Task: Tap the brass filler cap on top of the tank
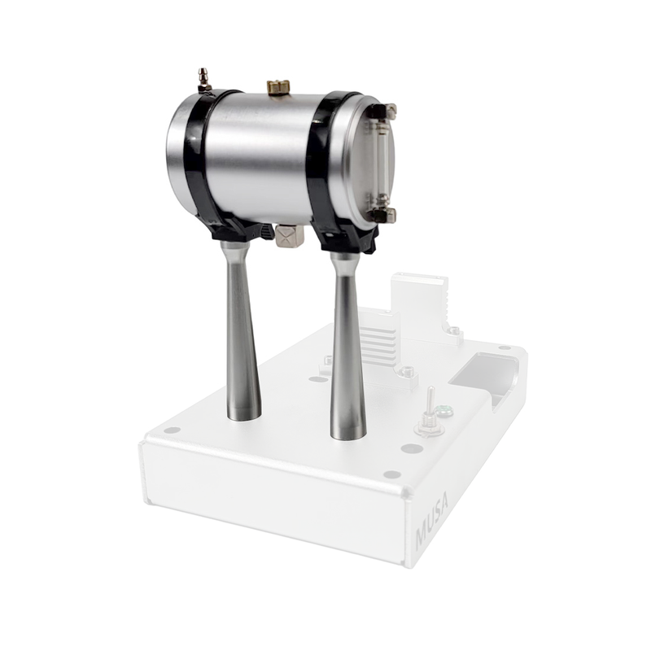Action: (x=278, y=87)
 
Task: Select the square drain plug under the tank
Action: (x=288, y=236)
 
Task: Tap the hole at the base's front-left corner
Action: (x=172, y=430)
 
